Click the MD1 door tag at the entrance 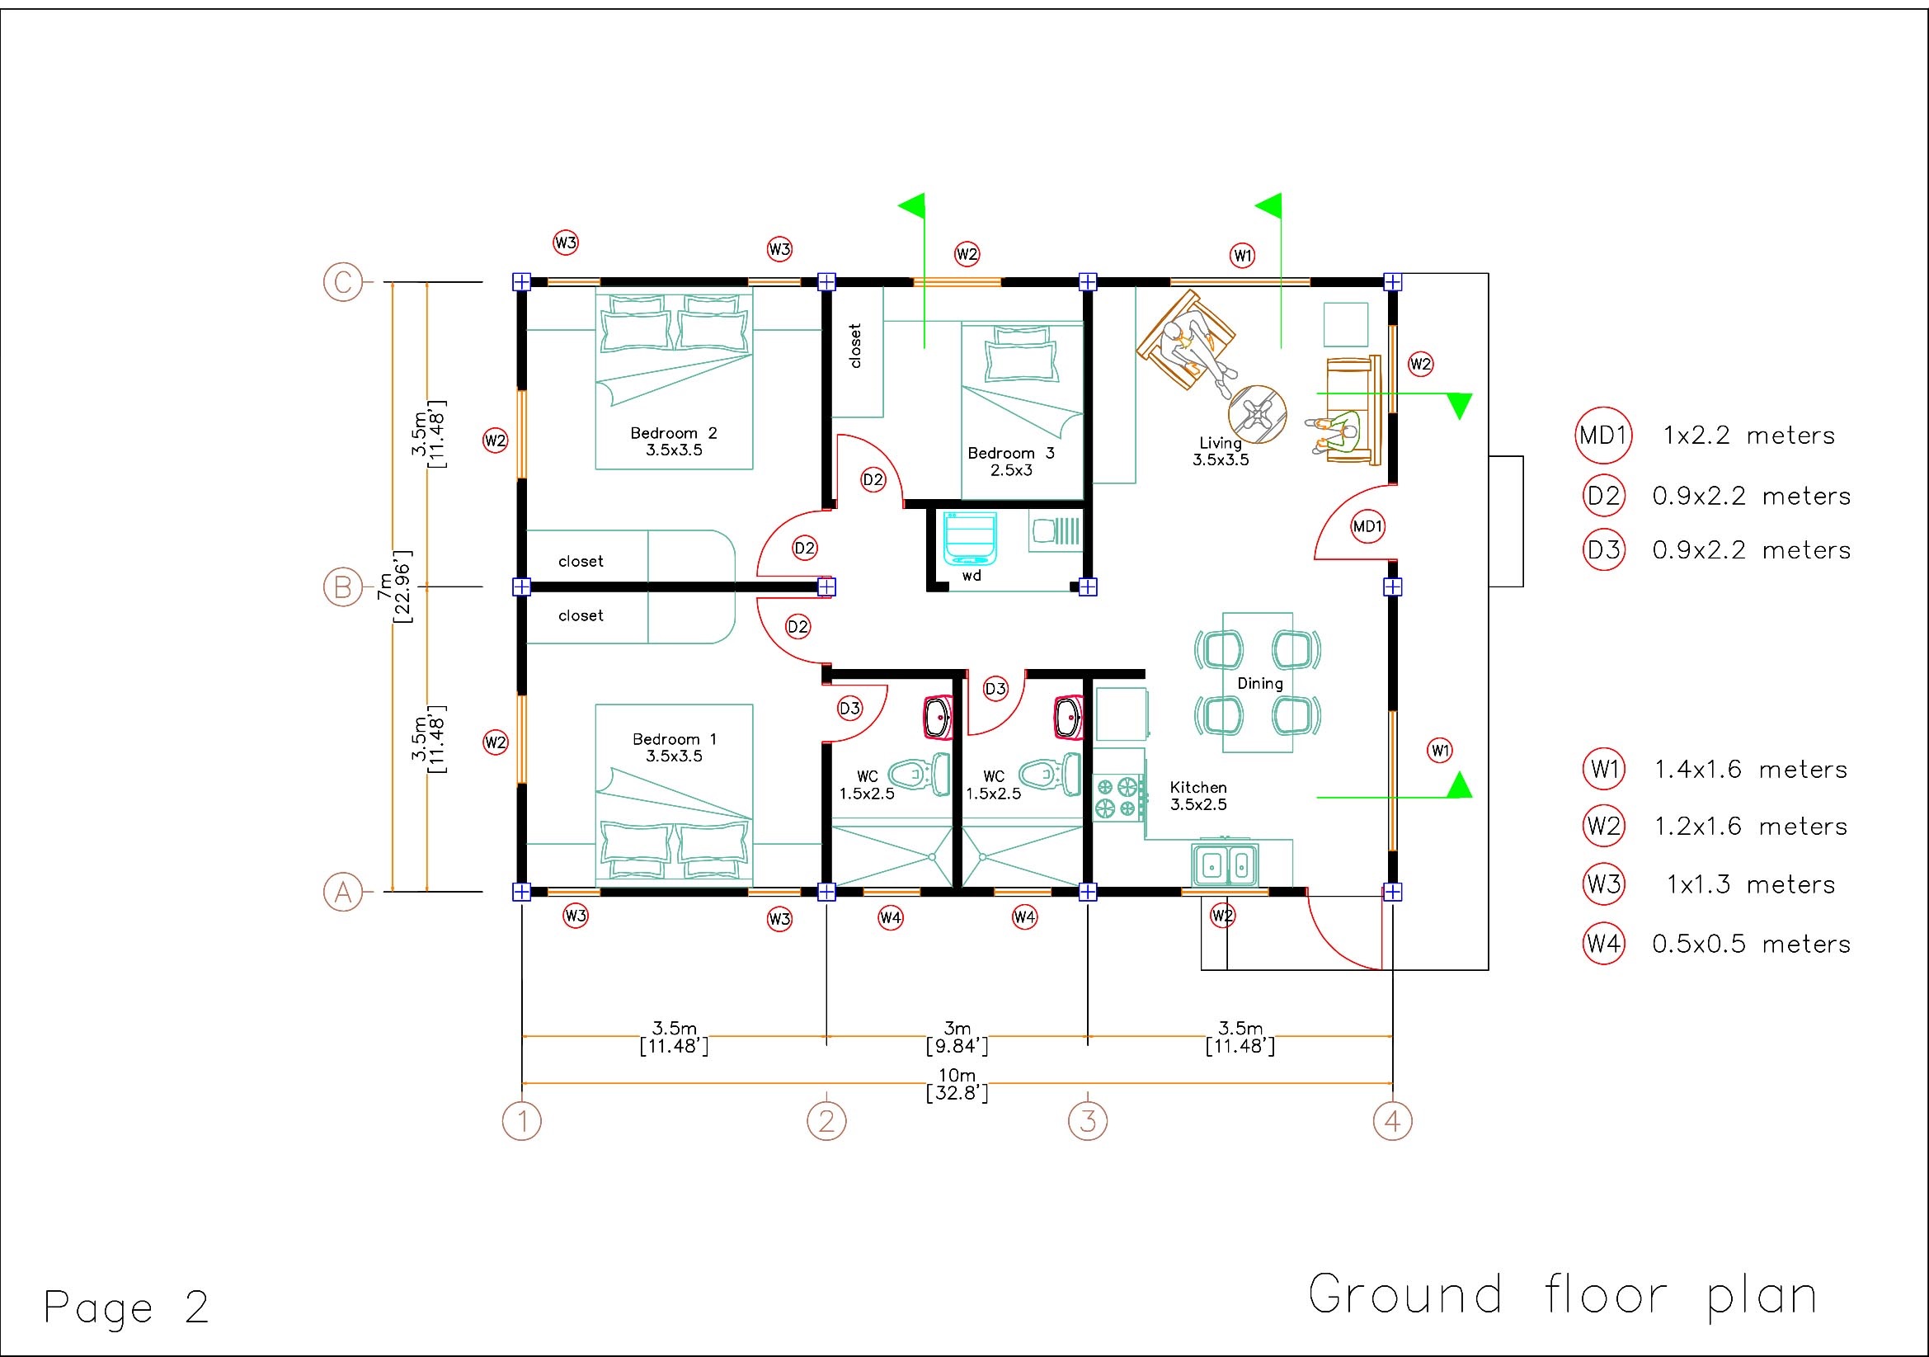pyautogui.click(x=1367, y=527)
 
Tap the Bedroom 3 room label pyautogui.click(x=1011, y=461)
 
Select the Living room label pyautogui.click(x=1221, y=451)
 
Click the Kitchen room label pyautogui.click(x=1198, y=796)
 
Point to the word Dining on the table pyautogui.click(x=1259, y=684)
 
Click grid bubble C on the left pyautogui.click(x=343, y=282)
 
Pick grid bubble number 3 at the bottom pyautogui.click(x=1087, y=1121)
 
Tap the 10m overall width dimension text pyautogui.click(x=957, y=1085)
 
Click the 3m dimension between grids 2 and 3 pyautogui.click(x=957, y=1038)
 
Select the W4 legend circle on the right pyautogui.click(x=1603, y=944)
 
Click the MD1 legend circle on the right pyautogui.click(x=1603, y=436)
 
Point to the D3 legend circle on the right pyautogui.click(x=1603, y=550)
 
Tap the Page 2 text pyautogui.click(x=126, y=1307)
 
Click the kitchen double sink pyautogui.click(x=1225, y=865)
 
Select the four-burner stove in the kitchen pyautogui.click(x=1119, y=798)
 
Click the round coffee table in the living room pyautogui.click(x=1257, y=414)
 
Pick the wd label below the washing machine pyautogui.click(x=972, y=577)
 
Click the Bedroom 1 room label pyautogui.click(x=674, y=748)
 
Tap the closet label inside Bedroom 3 pyautogui.click(x=855, y=346)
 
